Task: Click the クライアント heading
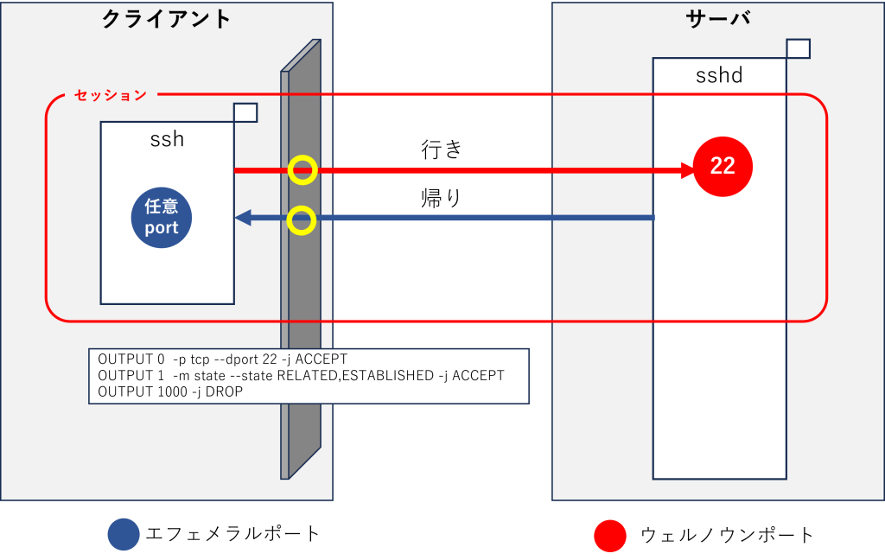pos(167,19)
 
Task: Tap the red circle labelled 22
pos(723,166)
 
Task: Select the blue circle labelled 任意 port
pos(161,218)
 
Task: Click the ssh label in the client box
pos(167,138)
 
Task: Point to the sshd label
pos(719,75)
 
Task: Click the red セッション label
pos(111,95)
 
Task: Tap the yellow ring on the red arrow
pos(302,170)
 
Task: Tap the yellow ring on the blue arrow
pos(302,220)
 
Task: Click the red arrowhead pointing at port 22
pos(685,170)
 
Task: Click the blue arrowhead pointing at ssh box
pos(243,218)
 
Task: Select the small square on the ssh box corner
pos(245,112)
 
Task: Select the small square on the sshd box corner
pos(798,48)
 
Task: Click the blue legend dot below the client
pos(124,535)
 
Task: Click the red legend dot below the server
pos(609,535)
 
